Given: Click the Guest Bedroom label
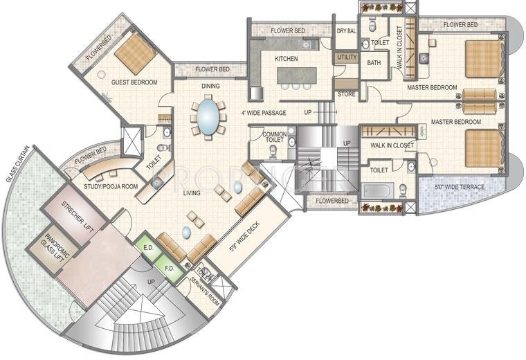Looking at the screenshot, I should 134,82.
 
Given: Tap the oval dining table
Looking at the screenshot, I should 208,118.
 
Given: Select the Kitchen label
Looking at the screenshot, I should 287,59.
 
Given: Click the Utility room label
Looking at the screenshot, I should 346,57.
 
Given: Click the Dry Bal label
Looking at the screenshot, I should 345,31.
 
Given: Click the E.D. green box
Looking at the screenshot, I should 147,247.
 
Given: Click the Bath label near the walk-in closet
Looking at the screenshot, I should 374,63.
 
